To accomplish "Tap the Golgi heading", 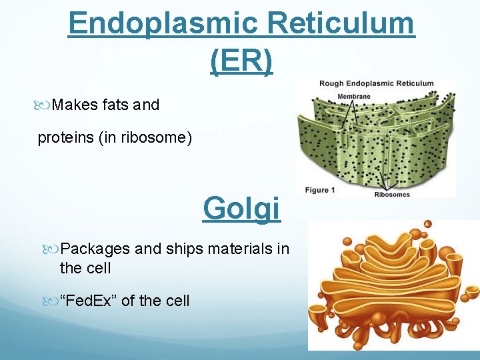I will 241,208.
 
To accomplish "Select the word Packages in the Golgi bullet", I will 95,249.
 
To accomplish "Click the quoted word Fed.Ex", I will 89,301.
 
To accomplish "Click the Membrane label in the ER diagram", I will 353,97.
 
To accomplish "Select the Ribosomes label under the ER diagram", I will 391,195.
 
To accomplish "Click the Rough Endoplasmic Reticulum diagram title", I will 376,84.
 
